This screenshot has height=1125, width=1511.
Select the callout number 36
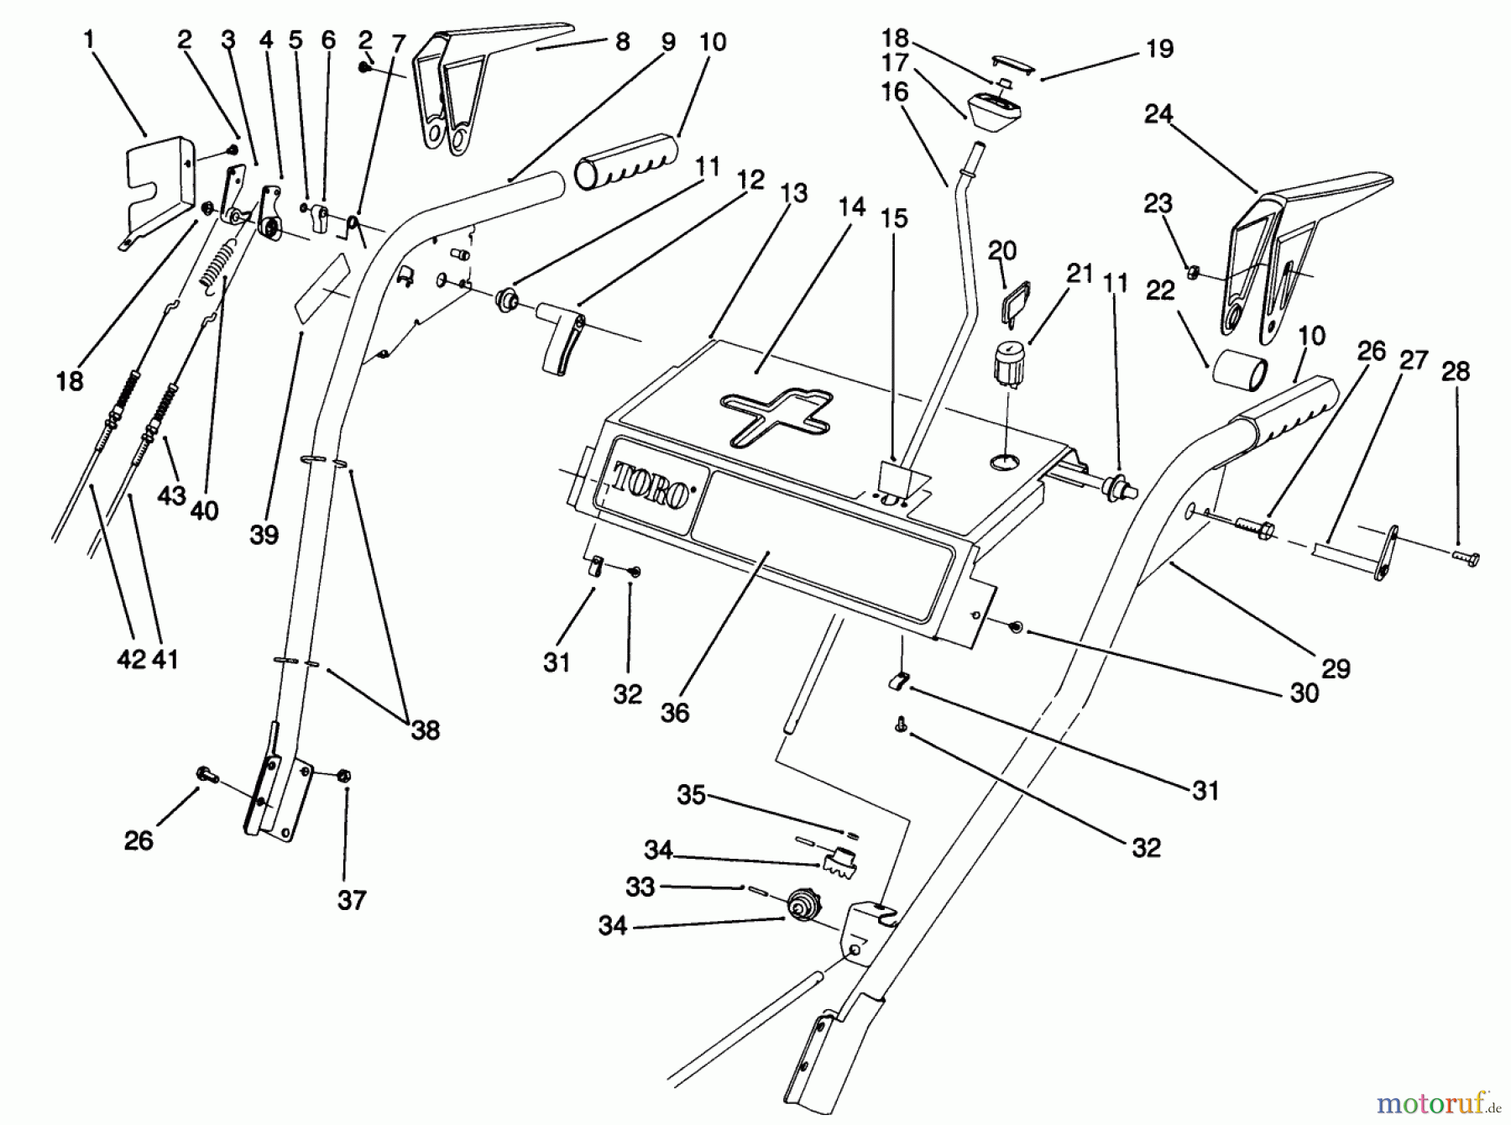[x=674, y=713]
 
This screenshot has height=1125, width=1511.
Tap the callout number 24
[x=1158, y=114]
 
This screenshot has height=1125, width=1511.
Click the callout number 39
[x=264, y=535]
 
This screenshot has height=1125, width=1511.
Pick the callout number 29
[x=1336, y=668]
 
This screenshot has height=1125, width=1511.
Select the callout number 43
[x=171, y=495]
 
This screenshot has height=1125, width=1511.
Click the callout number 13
[x=792, y=193]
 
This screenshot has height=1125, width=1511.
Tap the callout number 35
[x=691, y=794]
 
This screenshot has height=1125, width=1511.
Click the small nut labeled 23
[x=1191, y=271]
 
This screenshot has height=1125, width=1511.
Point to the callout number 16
[x=895, y=92]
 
